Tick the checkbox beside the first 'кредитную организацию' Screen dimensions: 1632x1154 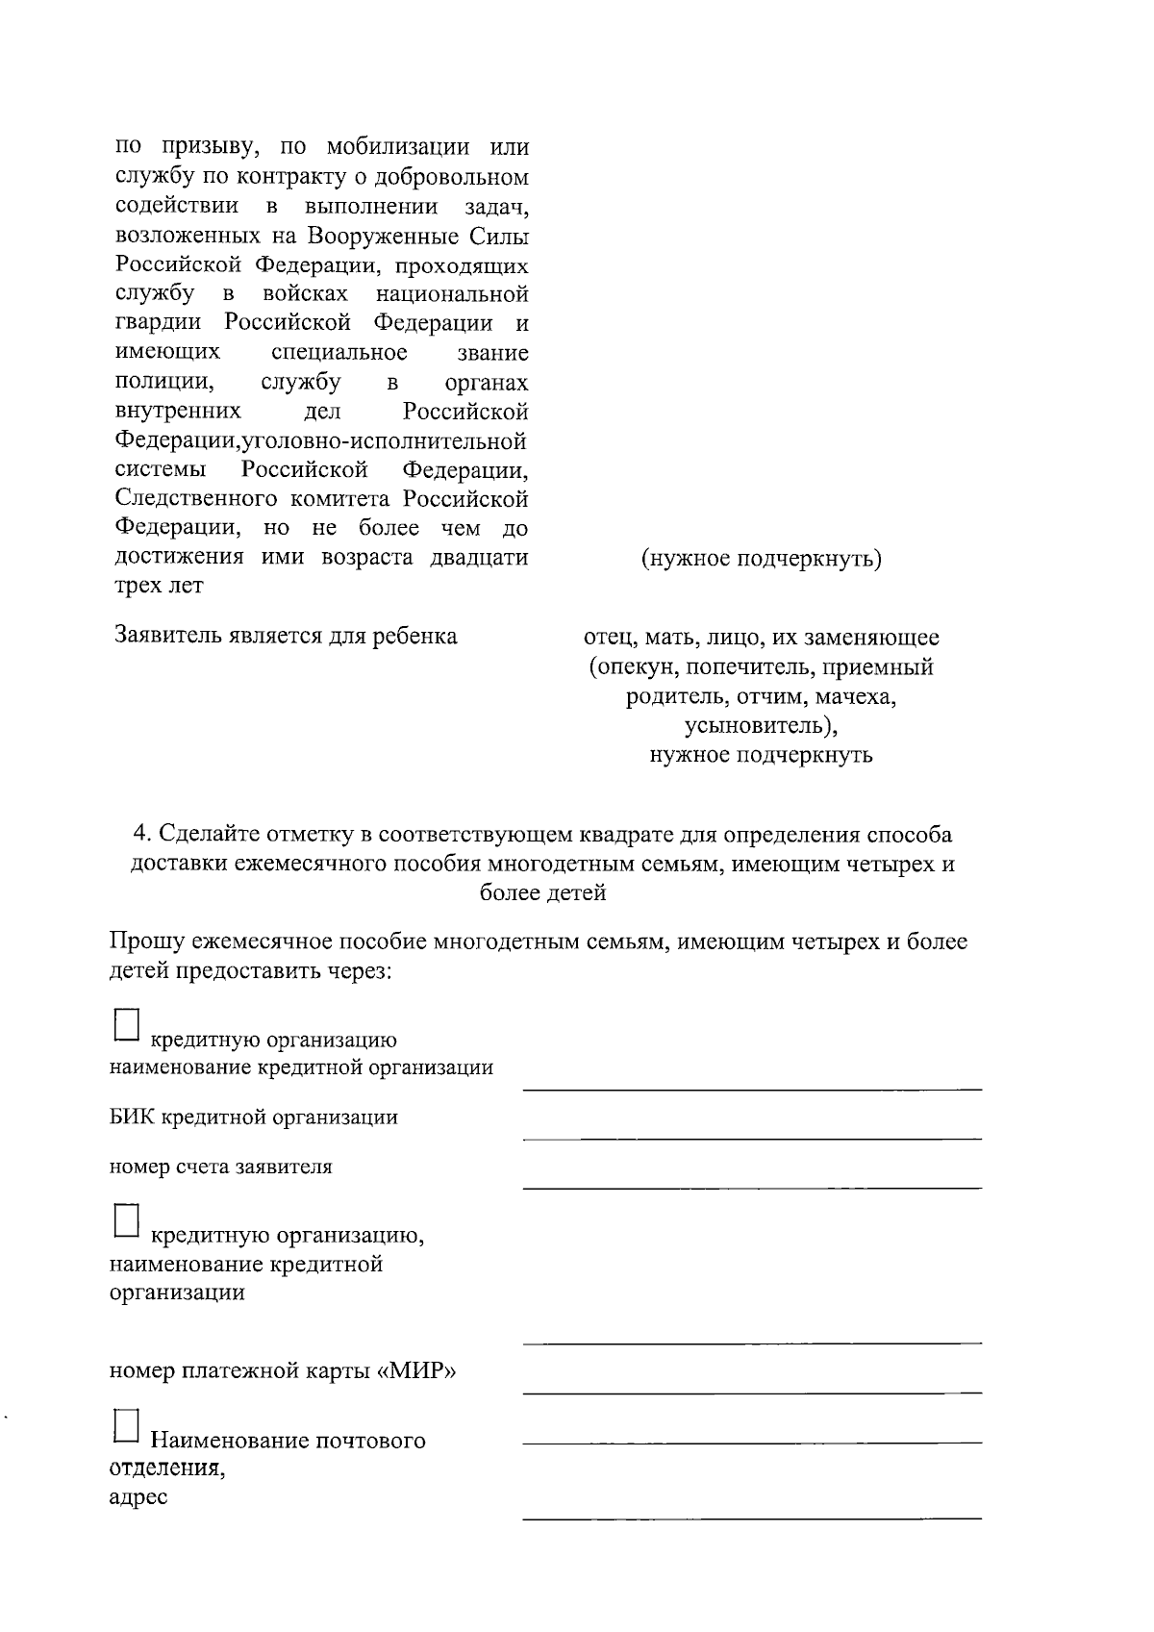pyautogui.click(x=127, y=1025)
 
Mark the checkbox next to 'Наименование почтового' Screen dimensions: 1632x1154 pyautogui.click(x=127, y=1425)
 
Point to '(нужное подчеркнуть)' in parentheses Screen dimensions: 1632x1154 pyautogui.click(x=761, y=559)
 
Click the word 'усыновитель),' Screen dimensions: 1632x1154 pyautogui.click(x=761, y=725)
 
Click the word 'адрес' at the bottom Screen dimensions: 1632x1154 pyautogui.click(x=138, y=1497)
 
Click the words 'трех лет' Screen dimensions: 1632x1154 pyautogui.click(x=159, y=587)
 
